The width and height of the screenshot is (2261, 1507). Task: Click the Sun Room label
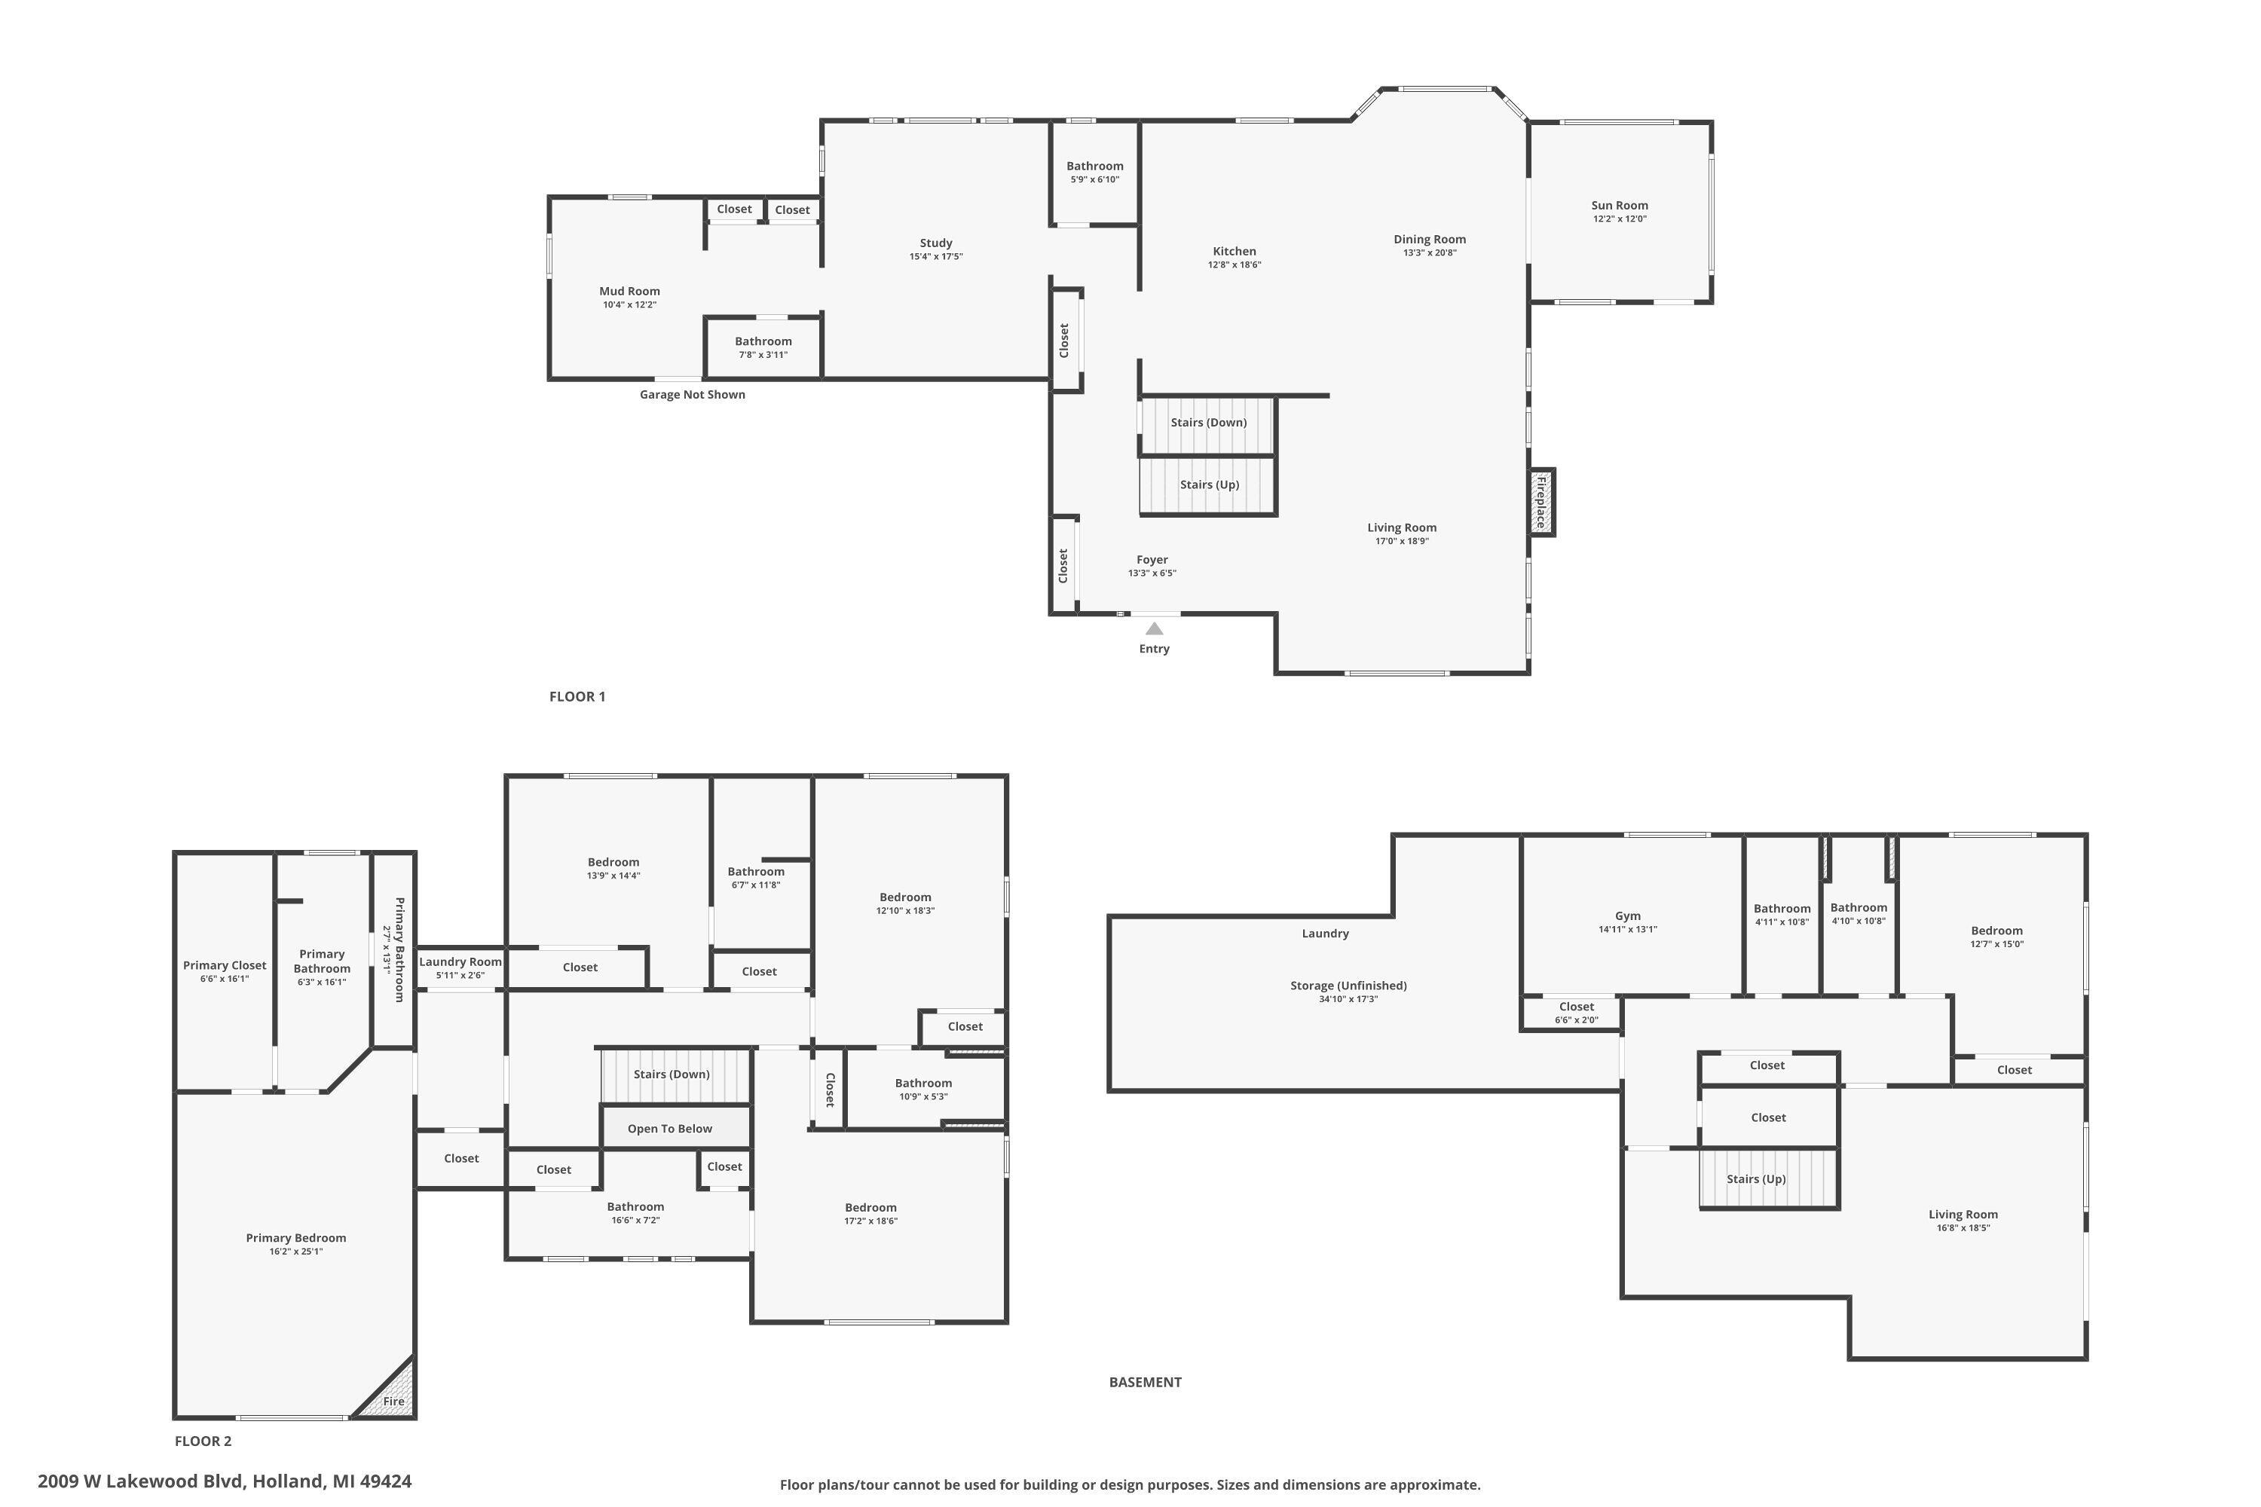click(x=1619, y=206)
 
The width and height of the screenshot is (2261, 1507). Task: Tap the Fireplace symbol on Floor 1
click(x=1541, y=502)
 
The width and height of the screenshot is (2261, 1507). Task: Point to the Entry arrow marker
click(x=1154, y=628)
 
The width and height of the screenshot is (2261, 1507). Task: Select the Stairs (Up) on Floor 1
click(x=1207, y=485)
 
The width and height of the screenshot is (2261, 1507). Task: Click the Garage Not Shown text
click(x=692, y=394)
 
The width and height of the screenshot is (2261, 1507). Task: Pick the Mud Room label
click(x=629, y=291)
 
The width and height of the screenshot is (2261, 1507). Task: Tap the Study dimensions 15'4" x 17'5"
click(x=935, y=257)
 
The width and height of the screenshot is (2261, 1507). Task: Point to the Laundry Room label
click(x=460, y=962)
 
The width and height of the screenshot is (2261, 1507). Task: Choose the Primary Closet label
click(x=225, y=966)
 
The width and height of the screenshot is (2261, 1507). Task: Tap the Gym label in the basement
click(x=1627, y=916)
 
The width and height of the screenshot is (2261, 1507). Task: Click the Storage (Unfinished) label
click(x=1348, y=985)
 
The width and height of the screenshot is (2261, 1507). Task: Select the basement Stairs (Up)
click(x=1768, y=1178)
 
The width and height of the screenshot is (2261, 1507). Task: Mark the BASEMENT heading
click(x=1145, y=1382)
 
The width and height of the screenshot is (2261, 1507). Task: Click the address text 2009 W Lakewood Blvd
click(x=142, y=1481)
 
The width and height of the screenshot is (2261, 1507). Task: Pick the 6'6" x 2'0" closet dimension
click(x=1577, y=1019)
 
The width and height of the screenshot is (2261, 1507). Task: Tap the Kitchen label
click(x=1235, y=252)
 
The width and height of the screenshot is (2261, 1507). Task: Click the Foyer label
click(x=1152, y=559)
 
